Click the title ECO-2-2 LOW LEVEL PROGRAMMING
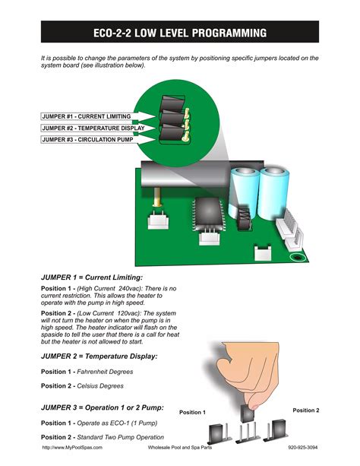pyautogui.click(x=179, y=33)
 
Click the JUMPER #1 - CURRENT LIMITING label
pyautogui.click(x=86, y=116)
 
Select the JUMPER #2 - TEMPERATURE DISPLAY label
pyautogui.click(x=91, y=128)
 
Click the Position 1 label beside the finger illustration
pyautogui.click(x=192, y=413)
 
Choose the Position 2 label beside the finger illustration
pyautogui.click(x=306, y=411)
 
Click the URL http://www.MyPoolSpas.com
pyautogui.click(x=71, y=449)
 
